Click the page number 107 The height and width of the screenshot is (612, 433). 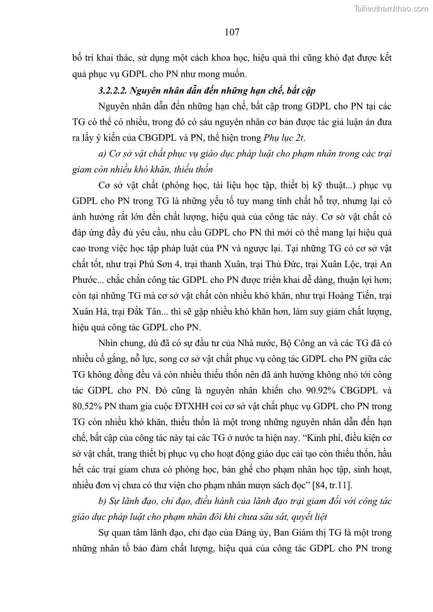click(232, 33)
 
